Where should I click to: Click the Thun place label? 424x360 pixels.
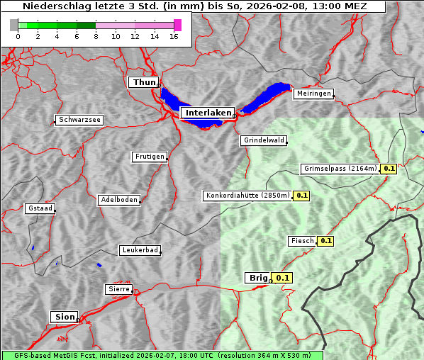click(143, 83)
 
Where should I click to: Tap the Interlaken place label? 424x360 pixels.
click(208, 113)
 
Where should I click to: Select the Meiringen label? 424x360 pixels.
click(313, 94)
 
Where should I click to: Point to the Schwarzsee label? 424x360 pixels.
click(79, 120)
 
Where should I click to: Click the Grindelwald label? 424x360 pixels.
click(264, 140)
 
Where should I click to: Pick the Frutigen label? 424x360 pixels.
click(149, 157)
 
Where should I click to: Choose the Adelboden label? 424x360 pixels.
click(118, 200)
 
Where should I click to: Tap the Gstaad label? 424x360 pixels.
click(40, 208)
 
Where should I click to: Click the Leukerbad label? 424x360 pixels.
click(140, 250)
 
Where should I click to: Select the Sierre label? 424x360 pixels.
click(118, 289)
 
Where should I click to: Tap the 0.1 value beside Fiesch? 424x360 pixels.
click(325, 241)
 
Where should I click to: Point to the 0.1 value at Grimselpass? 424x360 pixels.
click(389, 169)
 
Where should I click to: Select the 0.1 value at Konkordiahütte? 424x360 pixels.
click(301, 195)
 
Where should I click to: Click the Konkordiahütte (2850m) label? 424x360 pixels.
click(247, 195)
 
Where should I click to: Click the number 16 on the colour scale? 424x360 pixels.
click(173, 36)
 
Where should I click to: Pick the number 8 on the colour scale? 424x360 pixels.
click(95, 36)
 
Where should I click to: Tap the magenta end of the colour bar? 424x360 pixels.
click(177, 25)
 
